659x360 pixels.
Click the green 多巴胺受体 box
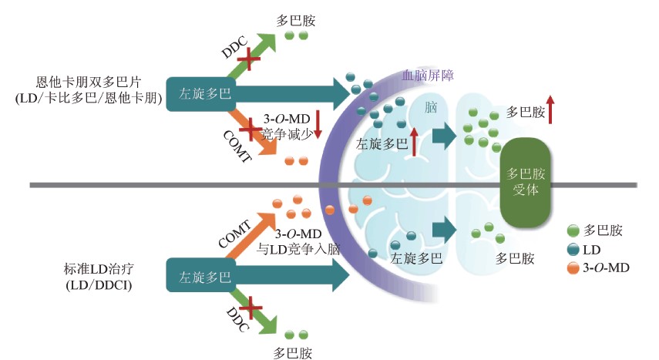coord(528,178)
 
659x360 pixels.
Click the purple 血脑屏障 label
coord(429,76)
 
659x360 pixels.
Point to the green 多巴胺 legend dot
coord(572,230)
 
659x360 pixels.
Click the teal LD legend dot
coord(572,249)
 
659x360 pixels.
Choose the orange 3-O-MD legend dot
coord(572,268)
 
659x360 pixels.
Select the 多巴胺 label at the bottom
coord(295,353)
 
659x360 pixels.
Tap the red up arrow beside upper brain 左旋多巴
coord(414,141)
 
